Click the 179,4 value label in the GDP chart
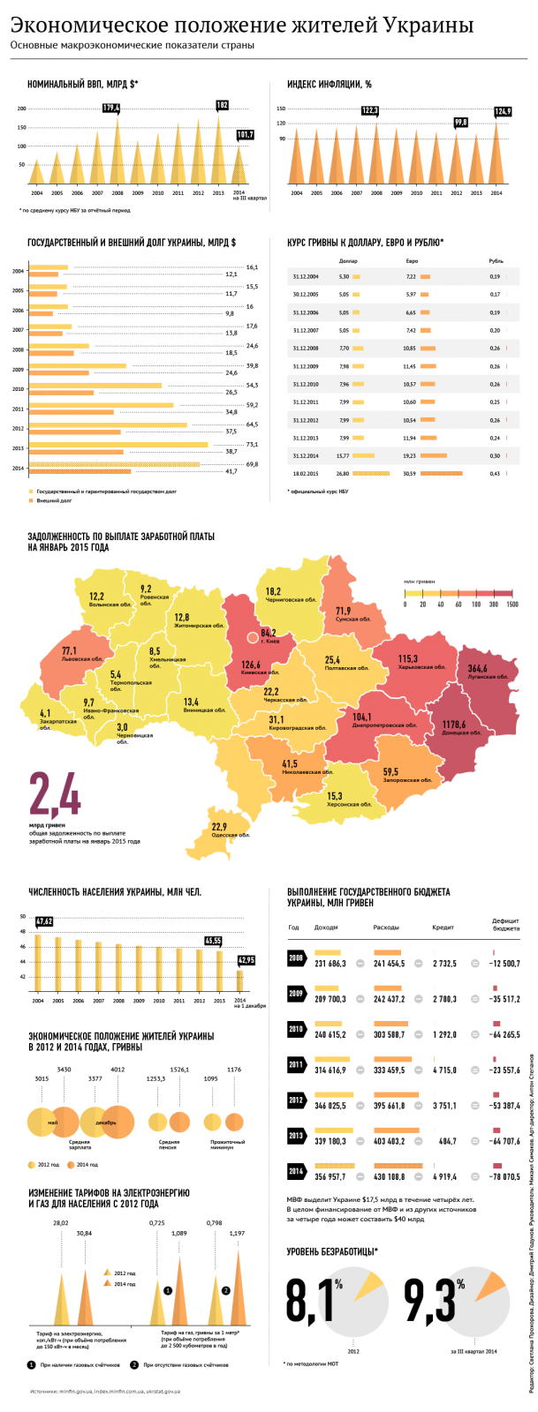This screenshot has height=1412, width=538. pos(111,108)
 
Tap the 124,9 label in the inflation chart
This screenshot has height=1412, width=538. pos(503,111)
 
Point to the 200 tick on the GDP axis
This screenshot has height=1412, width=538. pos(21,109)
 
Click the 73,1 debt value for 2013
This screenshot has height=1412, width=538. pos(252,445)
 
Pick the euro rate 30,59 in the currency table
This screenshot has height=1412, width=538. pos(409,474)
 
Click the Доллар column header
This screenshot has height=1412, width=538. pos(348,261)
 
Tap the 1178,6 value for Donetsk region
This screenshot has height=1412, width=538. pos(454,725)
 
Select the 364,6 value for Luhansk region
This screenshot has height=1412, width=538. pos(477,669)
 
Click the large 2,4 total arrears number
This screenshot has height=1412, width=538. pos(55,795)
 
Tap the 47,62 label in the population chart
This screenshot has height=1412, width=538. pos(44,921)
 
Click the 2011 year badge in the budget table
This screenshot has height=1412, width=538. pos(296,1065)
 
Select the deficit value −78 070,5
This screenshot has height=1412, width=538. pos(505,1177)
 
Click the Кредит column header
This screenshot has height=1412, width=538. pos(443,928)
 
